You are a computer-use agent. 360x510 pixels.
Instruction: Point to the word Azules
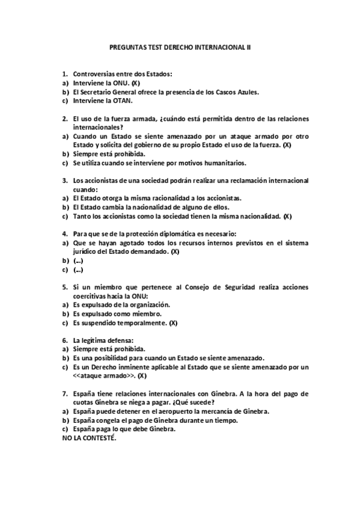(x=246, y=92)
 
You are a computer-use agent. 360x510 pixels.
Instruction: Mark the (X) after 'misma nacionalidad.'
(x=287, y=216)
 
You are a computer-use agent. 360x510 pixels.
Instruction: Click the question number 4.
(x=64, y=233)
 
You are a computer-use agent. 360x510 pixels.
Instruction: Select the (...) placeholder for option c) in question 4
(x=78, y=270)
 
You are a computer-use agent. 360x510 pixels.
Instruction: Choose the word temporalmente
(x=139, y=323)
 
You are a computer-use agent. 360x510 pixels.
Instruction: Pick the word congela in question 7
(x=108, y=420)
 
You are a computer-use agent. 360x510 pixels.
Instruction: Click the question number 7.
(x=64, y=393)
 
